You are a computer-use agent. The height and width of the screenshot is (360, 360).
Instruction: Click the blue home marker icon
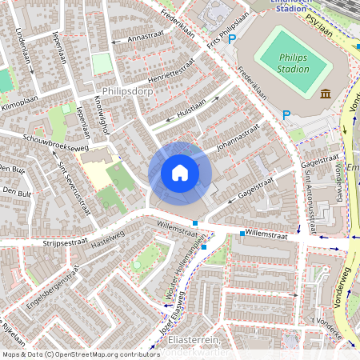180,173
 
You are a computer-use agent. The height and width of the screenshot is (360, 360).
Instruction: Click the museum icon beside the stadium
326,94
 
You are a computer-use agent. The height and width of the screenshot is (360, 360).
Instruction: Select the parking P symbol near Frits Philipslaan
233,38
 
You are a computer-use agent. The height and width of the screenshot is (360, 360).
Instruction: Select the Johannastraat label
238,136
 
